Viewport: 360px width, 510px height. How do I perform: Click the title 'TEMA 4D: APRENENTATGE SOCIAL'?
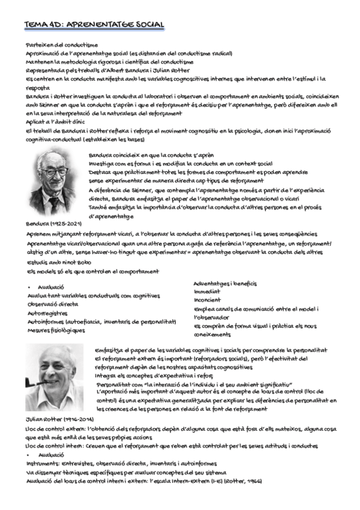pos(94,25)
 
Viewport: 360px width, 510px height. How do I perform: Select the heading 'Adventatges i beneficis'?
pos(225,283)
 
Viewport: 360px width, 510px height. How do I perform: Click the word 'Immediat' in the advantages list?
pos(207,291)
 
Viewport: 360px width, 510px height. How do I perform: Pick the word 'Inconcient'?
pos(207,300)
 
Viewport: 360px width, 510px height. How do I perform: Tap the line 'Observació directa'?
pos(53,304)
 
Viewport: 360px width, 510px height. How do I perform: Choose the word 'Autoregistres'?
pos(47,313)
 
